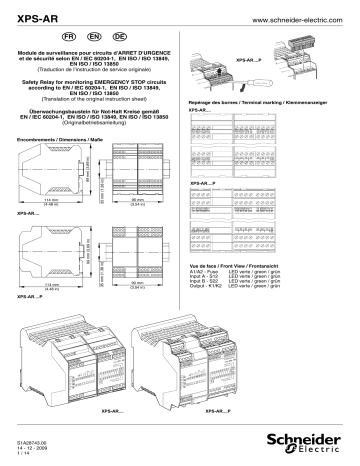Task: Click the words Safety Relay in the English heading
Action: (x=53, y=84)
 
